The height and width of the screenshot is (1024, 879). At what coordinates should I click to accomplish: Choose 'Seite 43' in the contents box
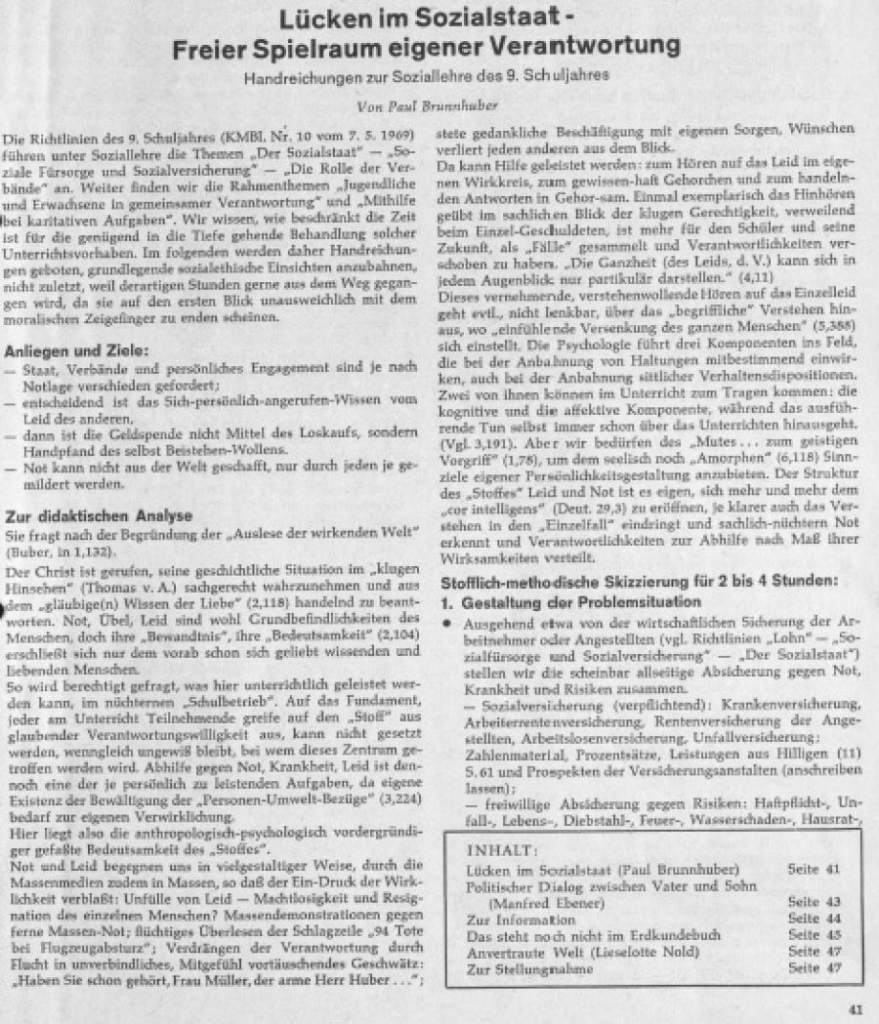(816, 903)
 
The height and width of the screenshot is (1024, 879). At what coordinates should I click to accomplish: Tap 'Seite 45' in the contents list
(816, 935)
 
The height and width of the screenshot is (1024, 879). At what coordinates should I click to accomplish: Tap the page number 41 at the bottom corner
(857, 1009)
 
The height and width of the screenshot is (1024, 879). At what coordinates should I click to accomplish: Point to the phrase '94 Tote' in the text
(383, 931)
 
